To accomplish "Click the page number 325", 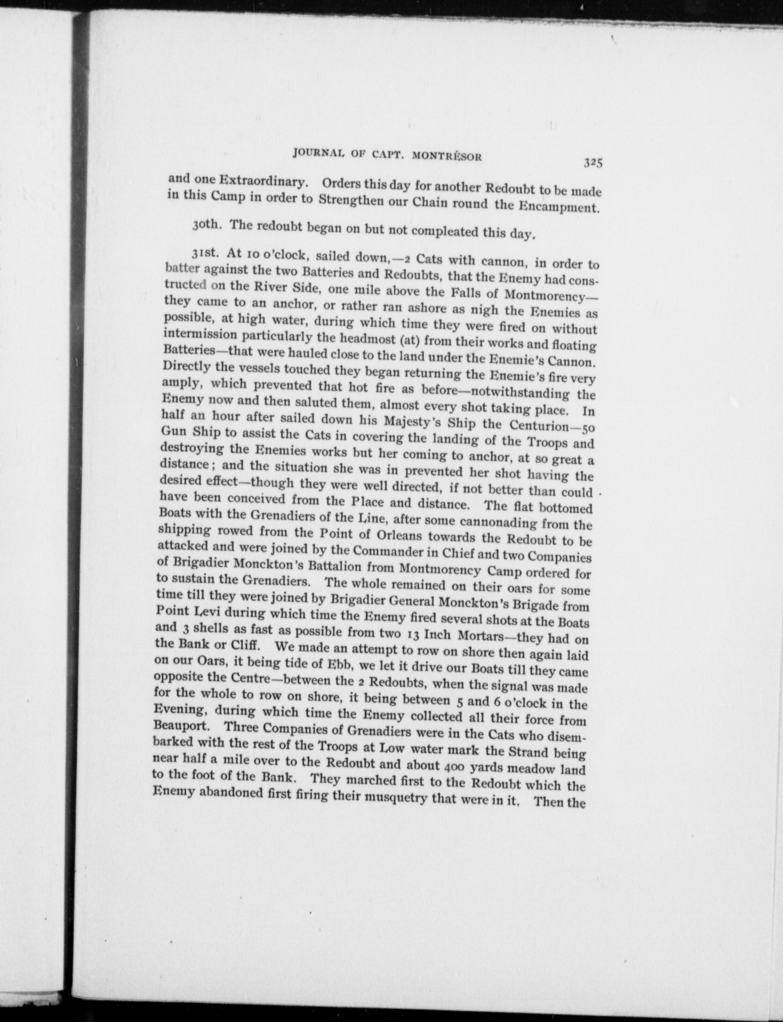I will pyautogui.click(x=593, y=163).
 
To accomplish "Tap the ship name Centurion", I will pyautogui.click(x=542, y=426).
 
